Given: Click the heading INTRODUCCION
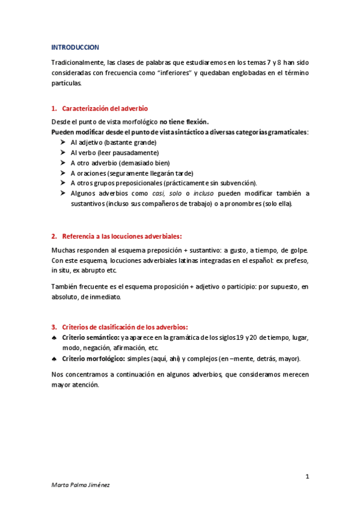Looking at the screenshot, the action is pos(75,47).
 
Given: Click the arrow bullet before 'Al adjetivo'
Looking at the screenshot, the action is pos(64,143).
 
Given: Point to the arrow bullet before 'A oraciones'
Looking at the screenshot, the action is pos(64,173).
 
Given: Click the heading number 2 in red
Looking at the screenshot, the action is pos(54,236).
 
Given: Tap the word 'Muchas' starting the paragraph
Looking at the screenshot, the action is pos(64,250).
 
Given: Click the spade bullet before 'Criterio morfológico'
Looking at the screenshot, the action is pos(54,358).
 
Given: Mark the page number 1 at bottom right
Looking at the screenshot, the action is pos(307,477).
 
